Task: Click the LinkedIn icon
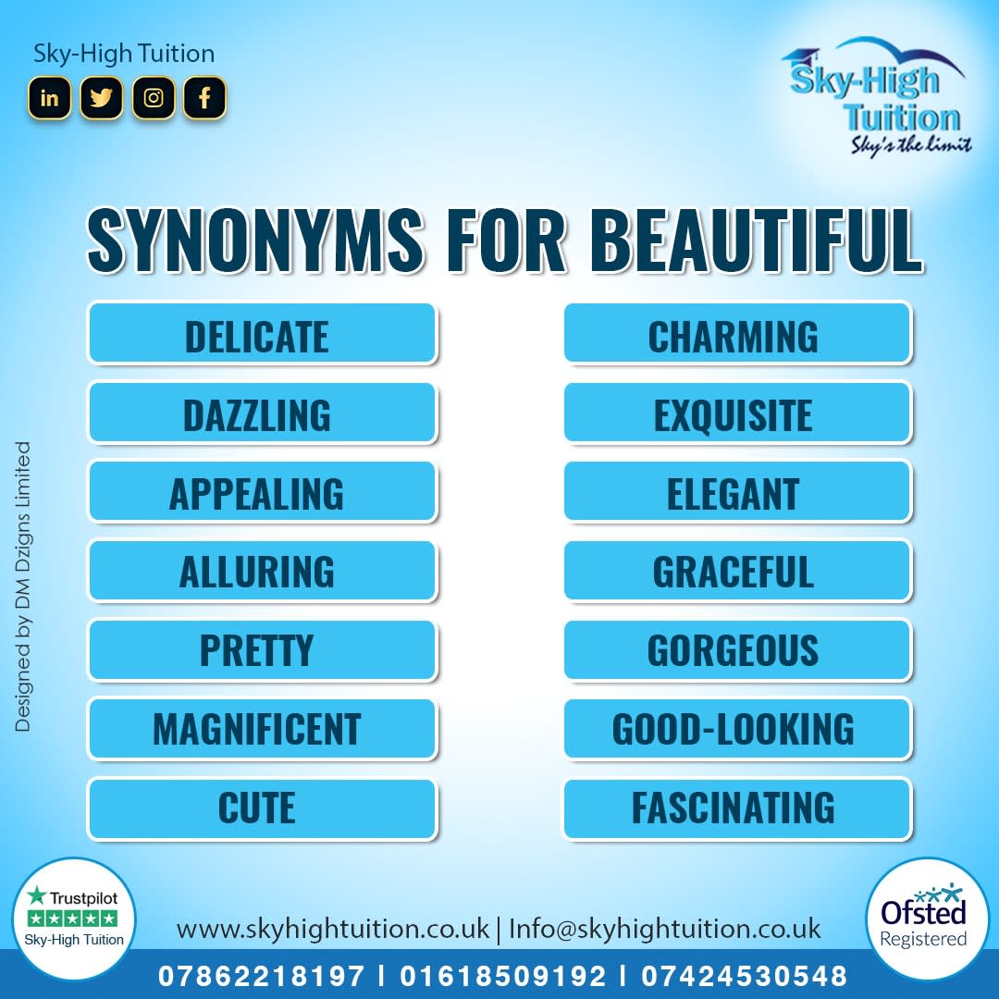pos(50,97)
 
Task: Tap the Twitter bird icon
pos(102,97)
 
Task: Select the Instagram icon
pos(154,97)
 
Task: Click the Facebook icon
pos(204,97)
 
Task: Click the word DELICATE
pos(257,337)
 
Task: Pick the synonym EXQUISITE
pos(734,416)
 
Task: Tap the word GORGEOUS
pos(734,650)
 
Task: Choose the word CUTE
pos(257,808)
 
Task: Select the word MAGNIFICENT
pos(257,729)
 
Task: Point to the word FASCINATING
pos(734,808)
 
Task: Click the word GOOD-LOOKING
pos(734,729)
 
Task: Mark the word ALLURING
pos(257,572)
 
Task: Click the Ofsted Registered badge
pos(923,919)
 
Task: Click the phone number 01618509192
pos(503,975)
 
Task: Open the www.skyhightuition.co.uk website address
pos(333,928)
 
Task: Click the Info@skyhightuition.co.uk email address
pos(664,928)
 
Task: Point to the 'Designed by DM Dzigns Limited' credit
pos(23,586)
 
